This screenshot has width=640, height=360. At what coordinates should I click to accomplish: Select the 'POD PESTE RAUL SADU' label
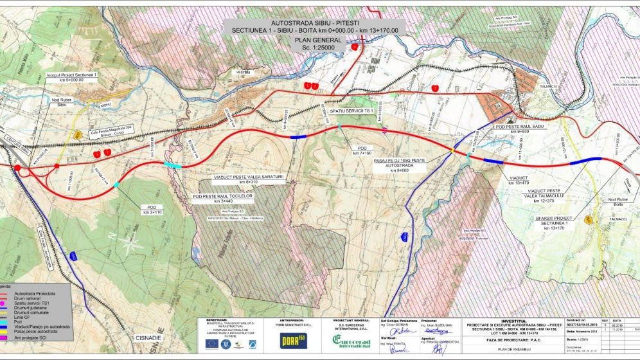pos(520,127)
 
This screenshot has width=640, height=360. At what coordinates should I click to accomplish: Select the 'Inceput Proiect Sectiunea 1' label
pos(72,76)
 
